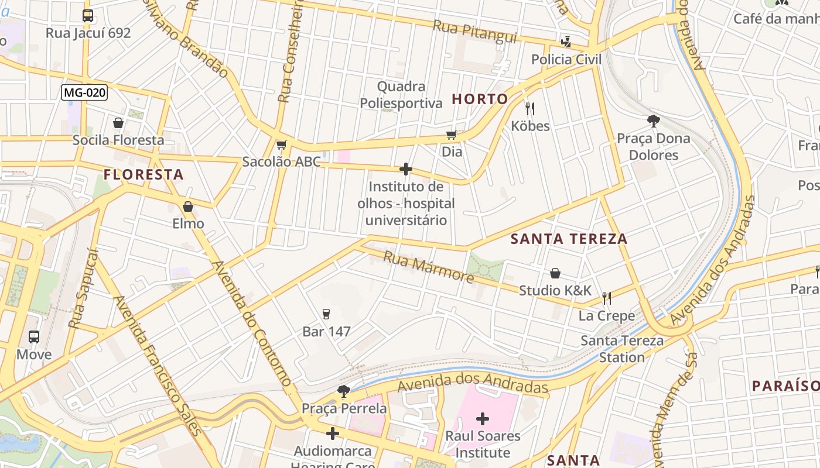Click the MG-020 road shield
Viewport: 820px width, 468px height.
pos(85,92)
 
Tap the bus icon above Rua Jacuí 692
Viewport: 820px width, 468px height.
pos(88,16)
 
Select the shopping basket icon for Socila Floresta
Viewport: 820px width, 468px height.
pos(118,123)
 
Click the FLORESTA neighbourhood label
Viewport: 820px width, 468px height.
pos(143,174)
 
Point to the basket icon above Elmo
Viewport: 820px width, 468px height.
pos(188,207)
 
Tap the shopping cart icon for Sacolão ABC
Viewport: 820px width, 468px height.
pos(282,144)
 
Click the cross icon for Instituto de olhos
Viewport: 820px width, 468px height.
pos(405,170)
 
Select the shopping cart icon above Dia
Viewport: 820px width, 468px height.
pos(451,135)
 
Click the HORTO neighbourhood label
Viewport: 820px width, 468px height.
pos(480,99)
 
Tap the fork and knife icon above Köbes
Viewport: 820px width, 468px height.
pos(530,109)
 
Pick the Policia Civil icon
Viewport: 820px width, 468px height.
pos(566,42)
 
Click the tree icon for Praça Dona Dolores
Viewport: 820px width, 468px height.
pos(653,121)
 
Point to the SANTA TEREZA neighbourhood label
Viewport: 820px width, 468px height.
pos(569,239)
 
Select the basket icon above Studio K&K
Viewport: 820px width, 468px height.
pos(555,273)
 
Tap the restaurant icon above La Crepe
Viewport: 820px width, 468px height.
pos(607,299)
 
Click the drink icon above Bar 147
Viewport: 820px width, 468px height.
pos(326,315)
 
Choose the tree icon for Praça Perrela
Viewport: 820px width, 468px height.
pos(344,391)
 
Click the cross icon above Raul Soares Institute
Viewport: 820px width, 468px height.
pos(483,419)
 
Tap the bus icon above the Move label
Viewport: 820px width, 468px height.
pos(34,337)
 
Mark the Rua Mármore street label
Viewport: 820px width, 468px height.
pos(428,267)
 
